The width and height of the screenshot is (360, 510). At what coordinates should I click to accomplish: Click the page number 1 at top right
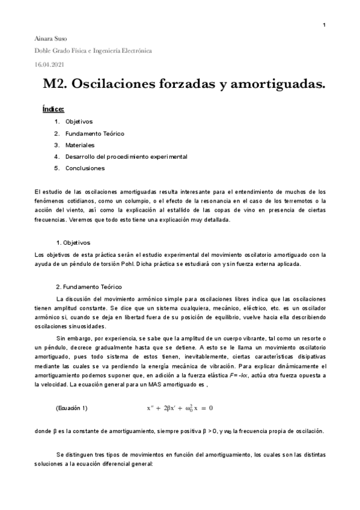tap(324, 25)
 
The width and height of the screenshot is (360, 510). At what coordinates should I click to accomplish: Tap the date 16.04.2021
tap(51, 64)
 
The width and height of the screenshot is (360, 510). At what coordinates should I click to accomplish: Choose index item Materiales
tap(80, 145)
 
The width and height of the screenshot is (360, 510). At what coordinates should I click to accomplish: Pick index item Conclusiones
tap(85, 168)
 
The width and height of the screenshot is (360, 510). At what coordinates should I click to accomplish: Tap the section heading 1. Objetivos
tap(73, 243)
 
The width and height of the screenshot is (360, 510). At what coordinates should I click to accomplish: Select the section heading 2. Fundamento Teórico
tap(88, 287)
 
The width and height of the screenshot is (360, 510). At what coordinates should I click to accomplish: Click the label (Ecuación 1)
tap(71, 392)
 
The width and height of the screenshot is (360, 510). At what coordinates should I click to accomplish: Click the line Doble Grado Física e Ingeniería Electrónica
tap(93, 51)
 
